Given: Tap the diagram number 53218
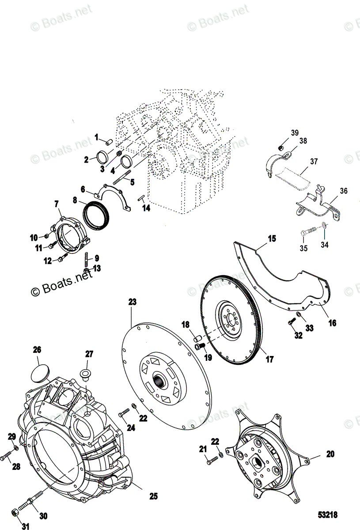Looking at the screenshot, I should (x=330, y=515).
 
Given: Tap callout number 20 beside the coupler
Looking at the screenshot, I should (x=330, y=454).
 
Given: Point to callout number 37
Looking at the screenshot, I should (x=314, y=161).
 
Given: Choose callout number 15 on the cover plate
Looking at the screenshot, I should (x=271, y=239).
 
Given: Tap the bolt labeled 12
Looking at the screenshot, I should (x=61, y=260).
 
